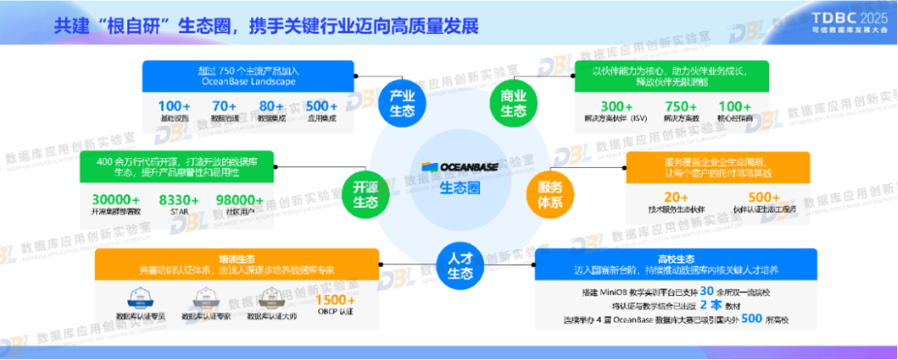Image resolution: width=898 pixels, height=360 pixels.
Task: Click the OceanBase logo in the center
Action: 457,167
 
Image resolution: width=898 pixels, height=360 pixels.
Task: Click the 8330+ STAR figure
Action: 180,200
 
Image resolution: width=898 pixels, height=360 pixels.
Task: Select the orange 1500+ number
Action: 336,299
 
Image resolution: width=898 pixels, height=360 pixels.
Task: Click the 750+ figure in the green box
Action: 681,106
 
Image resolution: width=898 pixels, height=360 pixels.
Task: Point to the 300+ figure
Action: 618,106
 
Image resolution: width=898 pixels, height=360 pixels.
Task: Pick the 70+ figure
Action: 224,106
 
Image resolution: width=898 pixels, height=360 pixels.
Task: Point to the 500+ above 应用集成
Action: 321,106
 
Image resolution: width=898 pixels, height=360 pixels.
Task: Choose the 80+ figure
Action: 272,106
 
